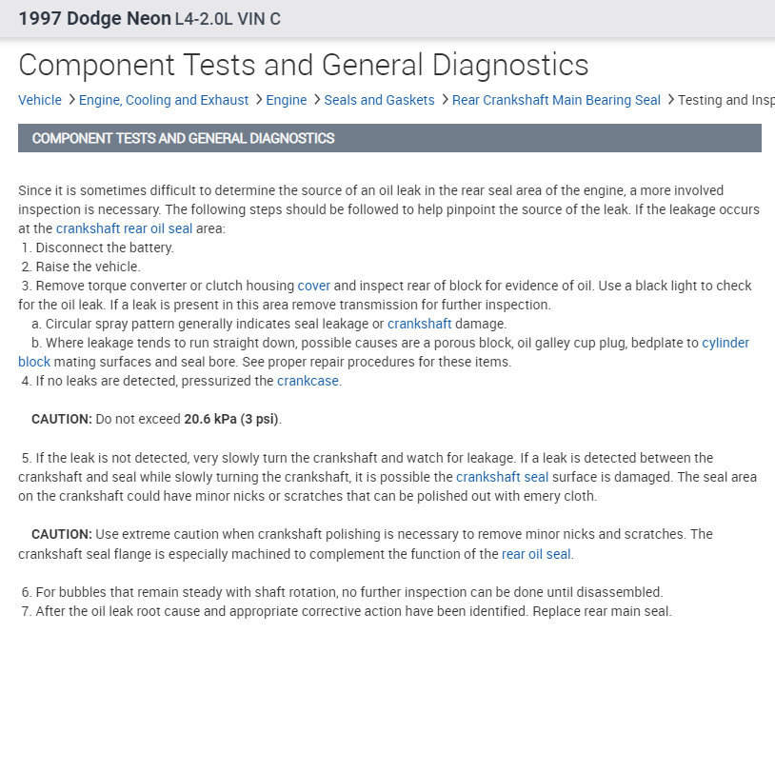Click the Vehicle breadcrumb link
click(x=40, y=100)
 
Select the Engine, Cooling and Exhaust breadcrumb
click(x=164, y=100)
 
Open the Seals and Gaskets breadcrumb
click(x=379, y=100)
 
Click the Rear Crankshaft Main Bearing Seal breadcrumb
click(x=556, y=100)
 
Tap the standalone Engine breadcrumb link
click(x=287, y=100)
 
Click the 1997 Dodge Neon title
click(x=94, y=19)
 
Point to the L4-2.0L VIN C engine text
click(x=228, y=19)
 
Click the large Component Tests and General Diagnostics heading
click(x=303, y=65)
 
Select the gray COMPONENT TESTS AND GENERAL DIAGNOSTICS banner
click(x=389, y=138)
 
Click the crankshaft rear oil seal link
click(x=124, y=228)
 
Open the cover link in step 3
click(x=313, y=286)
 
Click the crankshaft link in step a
click(x=419, y=324)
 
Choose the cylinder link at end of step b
click(x=725, y=343)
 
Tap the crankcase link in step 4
click(x=308, y=381)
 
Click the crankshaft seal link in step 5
click(x=502, y=477)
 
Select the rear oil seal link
click(x=536, y=553)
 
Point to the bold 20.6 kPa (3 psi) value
click(x=231, y=419)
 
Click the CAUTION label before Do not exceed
click(x=61, y=419)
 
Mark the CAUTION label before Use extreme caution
click(x=61, y=534)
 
